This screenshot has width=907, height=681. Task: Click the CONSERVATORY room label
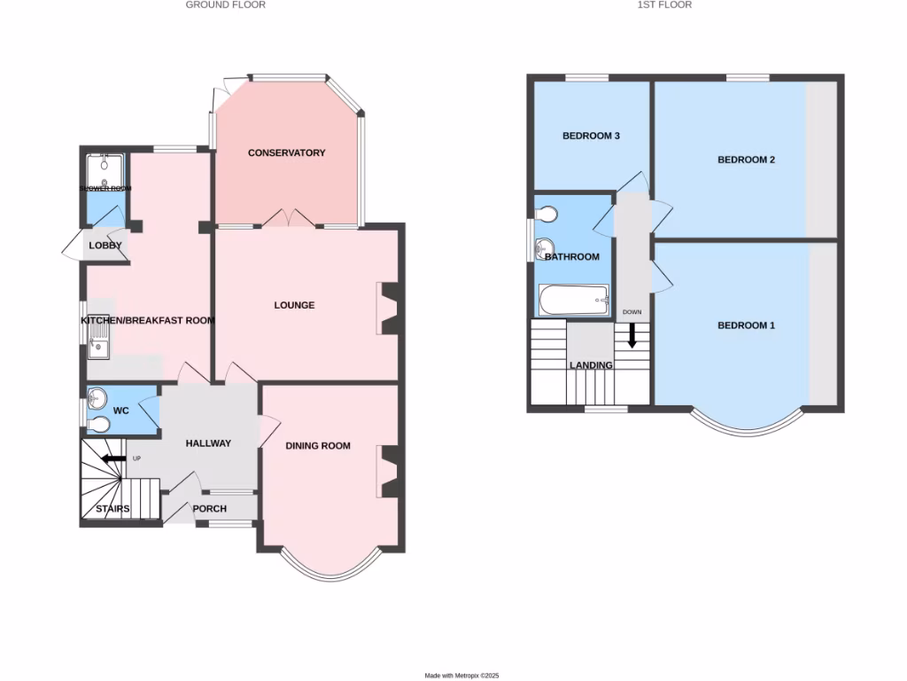pyautogui.click(x=286, y=153)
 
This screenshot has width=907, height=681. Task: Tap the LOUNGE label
pyautogui.click(x=294, y=305)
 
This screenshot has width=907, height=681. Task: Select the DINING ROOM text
pyautogui.click(x=318, y=446)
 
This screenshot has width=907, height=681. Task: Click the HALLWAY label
pyautogui.click(x=208, y=443)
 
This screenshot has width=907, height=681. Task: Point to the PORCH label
pyautogui.click(x=210, y=509)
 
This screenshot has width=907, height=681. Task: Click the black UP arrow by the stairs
pyautogui.click(x=112, y=458)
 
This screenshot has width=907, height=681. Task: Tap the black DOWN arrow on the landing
pyautogui.click(x=632, y=334)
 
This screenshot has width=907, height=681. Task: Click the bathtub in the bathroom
pyautogui.click(x=574, y=300)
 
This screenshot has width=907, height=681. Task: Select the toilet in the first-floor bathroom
pyautogui.click(x=547, y=215)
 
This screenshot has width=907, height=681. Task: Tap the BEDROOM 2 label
pyautogui.click(x=746, y=160)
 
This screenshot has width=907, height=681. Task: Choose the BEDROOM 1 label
pyautogui.click(x=746, y=325)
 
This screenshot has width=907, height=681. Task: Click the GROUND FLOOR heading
pyautogui.click(x=225, y=4)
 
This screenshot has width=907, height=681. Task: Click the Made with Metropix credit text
pyautogui.click(x=461, y=676)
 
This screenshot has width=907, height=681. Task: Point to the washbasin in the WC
pyautogui.click(x=97, y=397)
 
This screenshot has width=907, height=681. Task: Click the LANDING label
pyautogui.click(x=591, y=365)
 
